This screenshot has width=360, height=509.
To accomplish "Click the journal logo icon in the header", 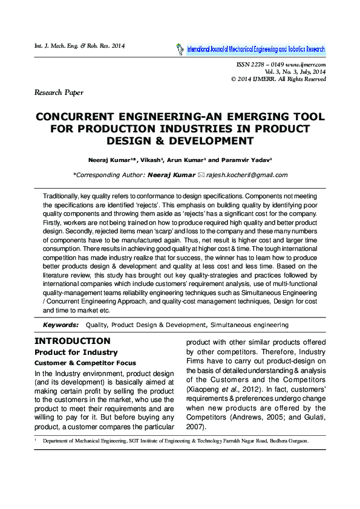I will [179, 49].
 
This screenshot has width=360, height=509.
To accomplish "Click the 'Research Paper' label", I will [59, 92].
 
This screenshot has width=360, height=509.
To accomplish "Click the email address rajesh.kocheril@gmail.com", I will [247, 175].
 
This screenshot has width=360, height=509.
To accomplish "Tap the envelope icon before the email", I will [201, 175].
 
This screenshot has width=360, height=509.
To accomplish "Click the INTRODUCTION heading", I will [72, 341].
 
